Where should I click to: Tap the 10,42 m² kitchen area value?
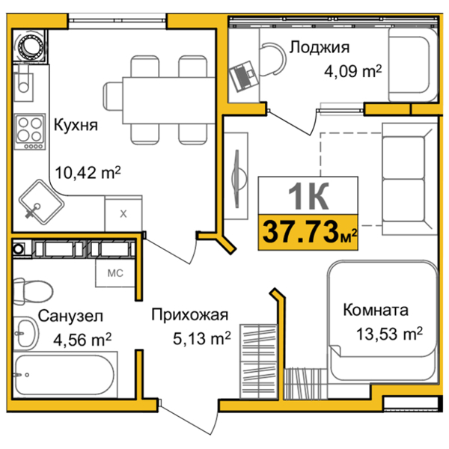[x=88, y=173]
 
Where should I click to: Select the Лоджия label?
[x=319, y=48]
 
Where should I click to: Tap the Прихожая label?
[x=189, y=315]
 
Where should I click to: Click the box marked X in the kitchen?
[x=123, y=213]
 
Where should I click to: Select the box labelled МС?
[x=114, y=272]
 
